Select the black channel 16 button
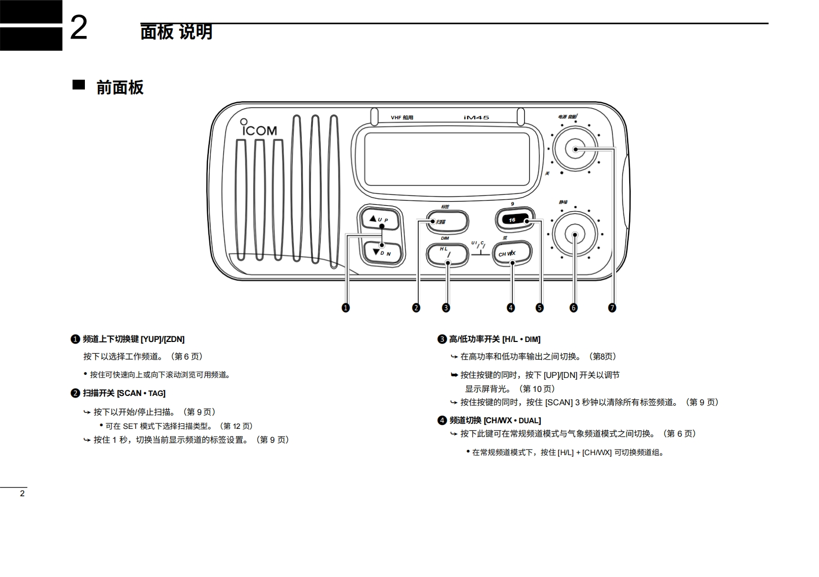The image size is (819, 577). tap(515, 220)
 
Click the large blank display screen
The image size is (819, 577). tap(447, 159)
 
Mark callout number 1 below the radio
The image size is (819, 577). tap(346, 308)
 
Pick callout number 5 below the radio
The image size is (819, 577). tap(539, 308)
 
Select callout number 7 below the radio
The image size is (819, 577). tap(612, 308)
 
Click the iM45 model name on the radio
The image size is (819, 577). tap(476, 118)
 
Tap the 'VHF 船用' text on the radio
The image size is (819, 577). tap(402, 118)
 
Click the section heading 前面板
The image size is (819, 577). tap(120, 87)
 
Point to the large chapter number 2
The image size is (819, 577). tap(78, 28)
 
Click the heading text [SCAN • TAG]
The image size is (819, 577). tap(141, 393)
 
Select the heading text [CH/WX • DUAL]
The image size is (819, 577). tap(512, 421)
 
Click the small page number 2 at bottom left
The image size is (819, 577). tap(22, 494)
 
